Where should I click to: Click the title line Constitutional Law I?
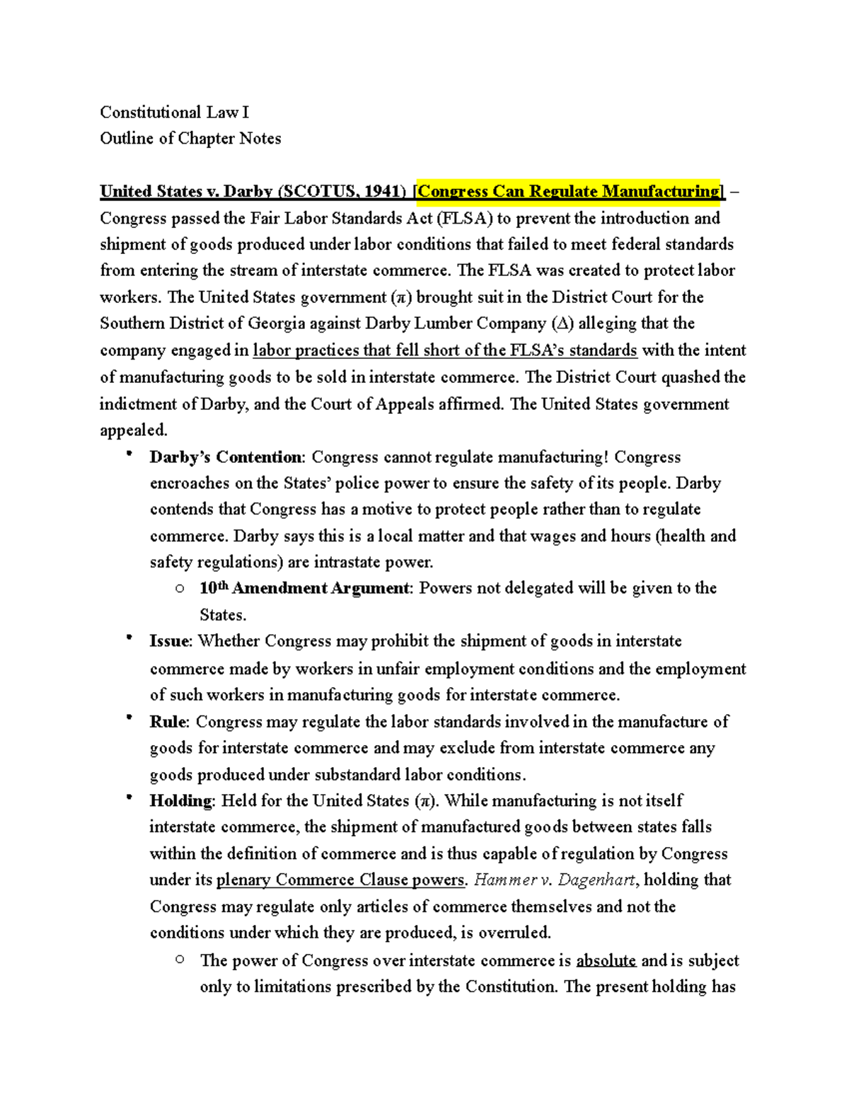coord(174,113)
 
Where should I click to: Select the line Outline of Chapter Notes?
coord(190,139)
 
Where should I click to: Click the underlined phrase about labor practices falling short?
coord(444,351)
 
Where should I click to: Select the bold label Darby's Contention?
coord(226,457)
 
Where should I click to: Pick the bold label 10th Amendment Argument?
coord(304,588)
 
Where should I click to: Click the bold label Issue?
coord(170,642)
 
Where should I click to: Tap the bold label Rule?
coord(168,722)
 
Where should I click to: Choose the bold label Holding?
coord(180,801)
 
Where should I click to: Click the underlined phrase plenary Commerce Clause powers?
coord(340,880)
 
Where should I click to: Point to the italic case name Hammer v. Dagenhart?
coord(555,880)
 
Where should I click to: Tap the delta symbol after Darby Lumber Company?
coord(561,324)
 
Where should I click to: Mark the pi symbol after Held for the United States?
coord(424,802)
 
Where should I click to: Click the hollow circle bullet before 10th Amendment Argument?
coord(180,588)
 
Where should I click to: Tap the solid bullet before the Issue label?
coord(129,638)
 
